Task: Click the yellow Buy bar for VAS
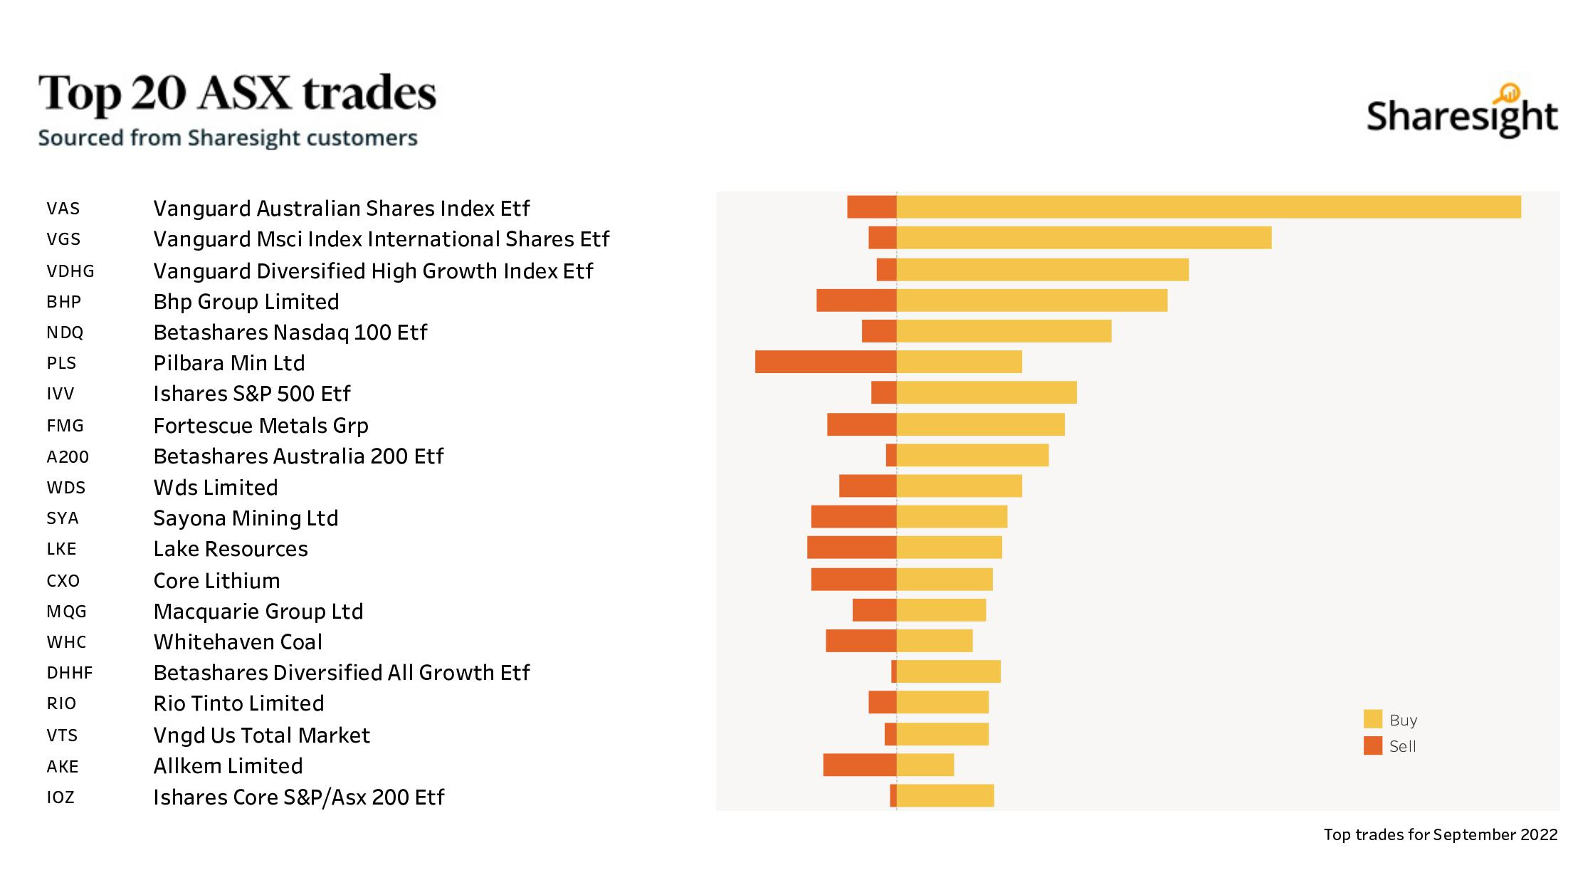1208,207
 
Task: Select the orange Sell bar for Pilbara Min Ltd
825,362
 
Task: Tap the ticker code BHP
63,302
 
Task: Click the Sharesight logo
1461,114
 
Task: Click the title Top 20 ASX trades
237,93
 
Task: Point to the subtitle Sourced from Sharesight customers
228,137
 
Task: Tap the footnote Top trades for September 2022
1440,834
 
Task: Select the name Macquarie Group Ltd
258,612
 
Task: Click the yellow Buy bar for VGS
1083,238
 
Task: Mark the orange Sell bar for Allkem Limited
859,765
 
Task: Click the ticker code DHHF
70,673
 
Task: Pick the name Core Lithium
216,581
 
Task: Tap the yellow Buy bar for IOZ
945,795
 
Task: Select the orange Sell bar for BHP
856,300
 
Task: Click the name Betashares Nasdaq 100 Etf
290,332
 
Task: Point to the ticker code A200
68,457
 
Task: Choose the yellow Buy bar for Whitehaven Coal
934,641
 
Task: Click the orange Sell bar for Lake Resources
851,548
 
